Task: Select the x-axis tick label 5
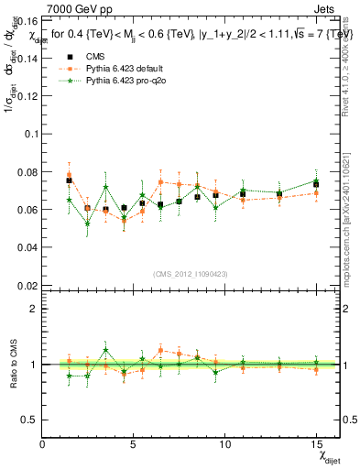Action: pos(134,443)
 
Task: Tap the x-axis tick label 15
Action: pos(315,443)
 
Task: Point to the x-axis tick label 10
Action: pos(224,443)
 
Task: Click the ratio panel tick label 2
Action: pos(34,309)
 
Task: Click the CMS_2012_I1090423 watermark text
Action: pos(191,274)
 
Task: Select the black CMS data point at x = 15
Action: pos(316,184)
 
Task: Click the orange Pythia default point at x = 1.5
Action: pos(69,174)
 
